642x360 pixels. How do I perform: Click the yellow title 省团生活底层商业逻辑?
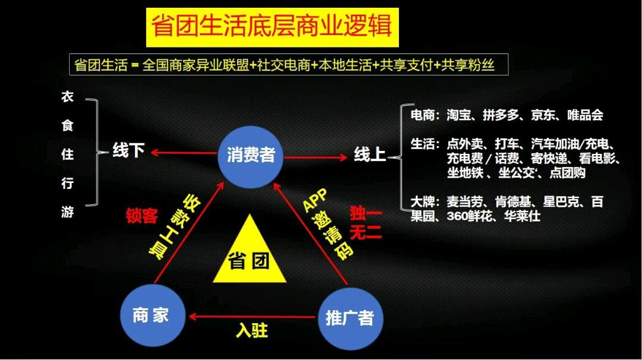click(272, 27)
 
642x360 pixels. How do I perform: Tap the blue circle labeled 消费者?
click(251, 155)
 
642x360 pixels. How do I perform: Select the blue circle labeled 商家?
click(150, 315)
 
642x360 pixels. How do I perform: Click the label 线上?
click(370, 155)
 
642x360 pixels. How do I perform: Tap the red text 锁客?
click(141, 216)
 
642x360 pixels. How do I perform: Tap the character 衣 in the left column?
click(67, 97)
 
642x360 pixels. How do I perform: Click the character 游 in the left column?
click(67, 211)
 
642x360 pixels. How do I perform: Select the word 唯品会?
click(585, 115)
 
